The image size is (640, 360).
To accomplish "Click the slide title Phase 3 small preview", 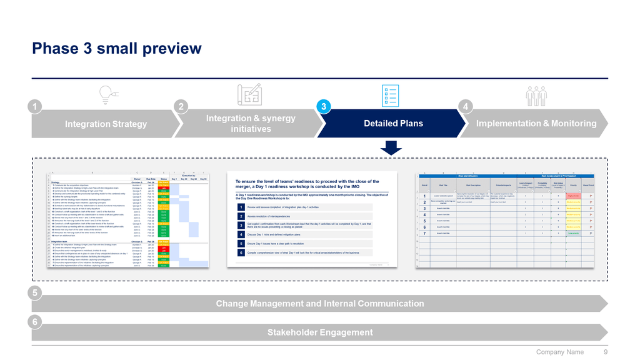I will coord(117,48).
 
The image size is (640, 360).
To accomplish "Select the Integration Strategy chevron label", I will coord(106,124).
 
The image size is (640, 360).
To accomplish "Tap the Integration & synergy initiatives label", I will coord(251,123).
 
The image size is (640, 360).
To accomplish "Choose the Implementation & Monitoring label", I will coord(536,123).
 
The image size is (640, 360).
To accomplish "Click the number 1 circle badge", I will coord(37,107).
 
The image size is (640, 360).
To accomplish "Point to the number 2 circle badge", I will coord(180,107).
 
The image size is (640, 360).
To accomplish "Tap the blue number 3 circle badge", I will coord(323,107).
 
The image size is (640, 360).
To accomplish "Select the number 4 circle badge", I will coord(466,107).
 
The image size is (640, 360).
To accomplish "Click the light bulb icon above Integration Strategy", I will coord(107,94).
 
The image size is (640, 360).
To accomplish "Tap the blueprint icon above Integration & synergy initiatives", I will coord(249,94).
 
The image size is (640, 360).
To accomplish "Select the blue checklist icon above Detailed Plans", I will coord(392,94).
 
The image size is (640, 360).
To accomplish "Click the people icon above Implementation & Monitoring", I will coord(536,94).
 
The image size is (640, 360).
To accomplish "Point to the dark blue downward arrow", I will coord(392,147).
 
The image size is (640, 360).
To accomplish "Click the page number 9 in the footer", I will coord(606,352).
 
